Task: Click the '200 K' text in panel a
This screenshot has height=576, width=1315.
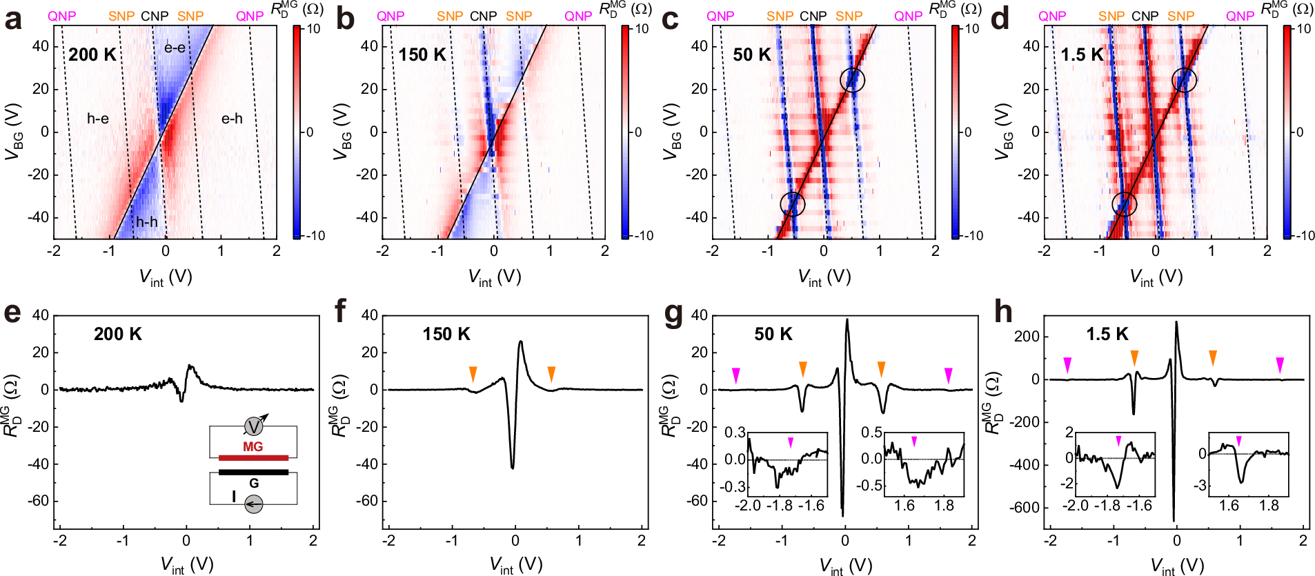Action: [x=92, y=54]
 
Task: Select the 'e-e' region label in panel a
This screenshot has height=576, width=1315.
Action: [x=175, y=48]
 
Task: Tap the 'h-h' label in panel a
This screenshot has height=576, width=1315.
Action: [x=146, y=221]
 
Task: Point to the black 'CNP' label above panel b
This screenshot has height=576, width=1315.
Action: [x=483, y=16]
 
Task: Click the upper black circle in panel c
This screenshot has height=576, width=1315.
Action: [x=853, y=80]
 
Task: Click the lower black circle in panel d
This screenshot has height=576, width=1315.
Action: [x=1125, y=203]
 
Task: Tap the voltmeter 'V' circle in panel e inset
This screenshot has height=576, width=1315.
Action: [x=254, y=426]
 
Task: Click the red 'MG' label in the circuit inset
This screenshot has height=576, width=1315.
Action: [x=253, y=447]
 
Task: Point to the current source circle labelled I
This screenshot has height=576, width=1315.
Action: [x=254, y=504]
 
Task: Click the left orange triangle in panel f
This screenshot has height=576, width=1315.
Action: [x=473, y=374]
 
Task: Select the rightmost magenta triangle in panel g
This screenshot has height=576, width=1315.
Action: [x=949, y=375]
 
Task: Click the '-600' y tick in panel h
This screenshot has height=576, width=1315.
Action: [x=1025, y=507]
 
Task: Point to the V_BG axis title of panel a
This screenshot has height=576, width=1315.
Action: [x=14, y=132]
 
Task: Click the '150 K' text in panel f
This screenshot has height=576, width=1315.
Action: [x=446, y=334]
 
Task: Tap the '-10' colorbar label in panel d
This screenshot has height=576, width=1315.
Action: [x=1303, y=236]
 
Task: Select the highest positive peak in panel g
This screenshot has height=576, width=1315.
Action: [x=847, y=320]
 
